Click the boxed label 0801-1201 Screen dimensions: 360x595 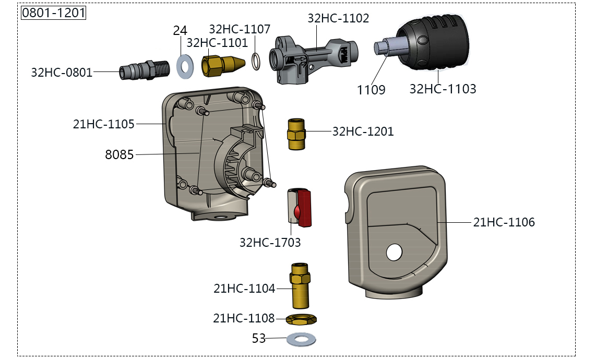point(53,13)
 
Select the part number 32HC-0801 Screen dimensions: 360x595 point(62,73)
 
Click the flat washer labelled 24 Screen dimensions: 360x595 point(184,66)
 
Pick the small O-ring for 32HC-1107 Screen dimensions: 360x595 point(255,61)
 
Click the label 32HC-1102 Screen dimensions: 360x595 point(338,18)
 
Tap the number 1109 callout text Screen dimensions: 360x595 point(371,90)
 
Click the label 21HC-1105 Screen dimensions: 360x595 point(104,124)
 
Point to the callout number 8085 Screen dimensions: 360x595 point(120,154)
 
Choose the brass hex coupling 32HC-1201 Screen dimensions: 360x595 point(296,134)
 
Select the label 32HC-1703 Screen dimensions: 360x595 point(270,242)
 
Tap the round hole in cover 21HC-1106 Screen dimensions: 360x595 point(394,253)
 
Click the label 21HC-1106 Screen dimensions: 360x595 point(504,222)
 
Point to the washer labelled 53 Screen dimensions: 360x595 point(301,340)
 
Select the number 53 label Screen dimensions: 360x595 point(259,339)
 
